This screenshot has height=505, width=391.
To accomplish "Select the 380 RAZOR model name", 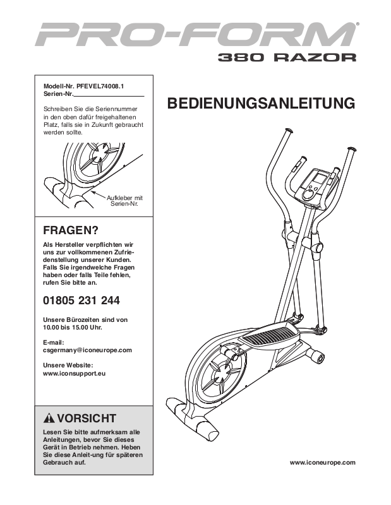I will (287, 57).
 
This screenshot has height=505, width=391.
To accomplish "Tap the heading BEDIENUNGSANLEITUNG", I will (260, 103).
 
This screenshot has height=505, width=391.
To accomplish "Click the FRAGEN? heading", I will (71, 230).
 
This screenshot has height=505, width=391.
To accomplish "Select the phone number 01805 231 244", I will (81, 300).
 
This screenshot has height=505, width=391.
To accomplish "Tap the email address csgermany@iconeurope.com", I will (87, 349).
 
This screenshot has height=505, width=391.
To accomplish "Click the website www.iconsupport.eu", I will (73, 373).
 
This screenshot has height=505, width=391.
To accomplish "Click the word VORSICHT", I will (87, 418).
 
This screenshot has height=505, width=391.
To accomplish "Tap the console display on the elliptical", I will (318, 181).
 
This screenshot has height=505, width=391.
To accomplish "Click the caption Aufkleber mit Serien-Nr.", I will (125, 201).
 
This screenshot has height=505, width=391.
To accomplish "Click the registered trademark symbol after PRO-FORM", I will (358, 25).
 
